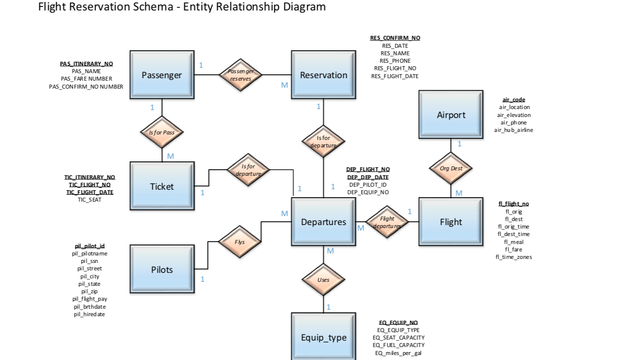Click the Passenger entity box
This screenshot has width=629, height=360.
pyautogui.click(x=162, y=75)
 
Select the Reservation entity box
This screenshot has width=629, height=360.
pyautogui.click(x=323, y=75)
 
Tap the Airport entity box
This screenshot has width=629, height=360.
pyautogui.click(x=451, y=115)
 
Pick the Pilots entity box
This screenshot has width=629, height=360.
pyautogui.click(x=162, y=269)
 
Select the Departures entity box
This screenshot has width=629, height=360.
pyautogui.click(x=323, y=222)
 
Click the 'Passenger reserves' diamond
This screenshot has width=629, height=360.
pyautogui.click(x=241, y=75)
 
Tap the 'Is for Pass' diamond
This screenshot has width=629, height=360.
pyautogui.click(x=162, y=132)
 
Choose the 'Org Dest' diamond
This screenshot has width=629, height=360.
pyautogui.click(x=451, y=168)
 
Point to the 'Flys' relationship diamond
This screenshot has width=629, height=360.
pyautogui.click(x=240, y=242)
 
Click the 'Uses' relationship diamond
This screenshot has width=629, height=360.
pyautogui.click(x=323, y=280)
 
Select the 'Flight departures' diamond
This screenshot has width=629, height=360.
pyautogui.click(x=387, y=222)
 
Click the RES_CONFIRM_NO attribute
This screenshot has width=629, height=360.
pyautogui.click(x=395, y=38)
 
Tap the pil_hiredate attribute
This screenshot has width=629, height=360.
pyautogui.click(x=90, y=314)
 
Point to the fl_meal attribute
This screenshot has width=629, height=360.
pyautogui.click(x=513, y=242)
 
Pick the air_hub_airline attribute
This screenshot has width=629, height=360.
pyautogui.click(x=513, y=130)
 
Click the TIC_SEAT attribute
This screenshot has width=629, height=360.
pyautogui.click(x=90, y=200)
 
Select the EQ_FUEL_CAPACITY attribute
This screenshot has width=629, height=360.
pyautogui.click(x=398, y=345)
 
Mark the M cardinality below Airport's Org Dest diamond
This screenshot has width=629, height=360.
pyautogui.click(x=459, y=193)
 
